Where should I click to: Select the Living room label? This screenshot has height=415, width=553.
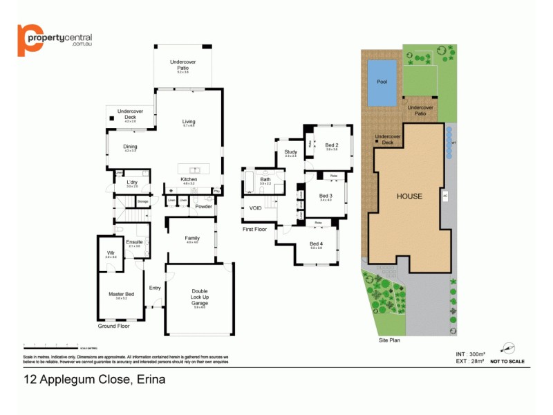point(189,122)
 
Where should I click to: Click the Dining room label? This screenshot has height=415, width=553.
point(130,147)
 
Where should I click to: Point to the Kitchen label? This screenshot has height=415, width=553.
point(189,180)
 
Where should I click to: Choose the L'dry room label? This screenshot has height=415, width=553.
point(131,183)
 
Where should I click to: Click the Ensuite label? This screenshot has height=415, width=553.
point(134,242)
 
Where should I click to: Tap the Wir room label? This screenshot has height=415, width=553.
point(111,253)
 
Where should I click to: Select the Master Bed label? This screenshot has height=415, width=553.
point(121,294)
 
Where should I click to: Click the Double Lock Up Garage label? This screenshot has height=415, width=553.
point(199,296)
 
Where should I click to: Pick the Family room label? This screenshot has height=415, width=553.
point(191,238)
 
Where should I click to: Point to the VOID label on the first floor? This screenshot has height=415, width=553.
point(255,207)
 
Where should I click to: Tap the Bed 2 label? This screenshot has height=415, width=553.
point(331,145)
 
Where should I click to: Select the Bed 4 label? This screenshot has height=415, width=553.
point(316,243)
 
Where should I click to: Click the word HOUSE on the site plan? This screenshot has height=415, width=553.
point(409,196)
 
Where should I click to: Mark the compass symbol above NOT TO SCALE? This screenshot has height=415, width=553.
point(508,348)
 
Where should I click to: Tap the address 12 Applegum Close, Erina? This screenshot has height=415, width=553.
point(95,379)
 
